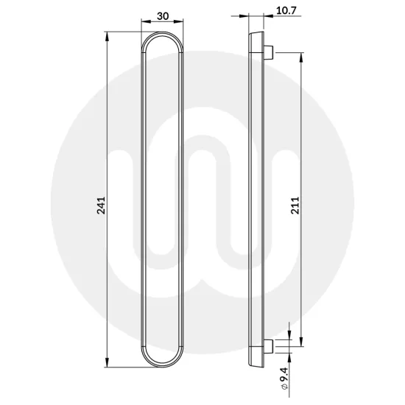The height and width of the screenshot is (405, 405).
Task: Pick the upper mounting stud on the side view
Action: [270, 52]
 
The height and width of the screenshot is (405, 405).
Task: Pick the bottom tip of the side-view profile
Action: [254, 366]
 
